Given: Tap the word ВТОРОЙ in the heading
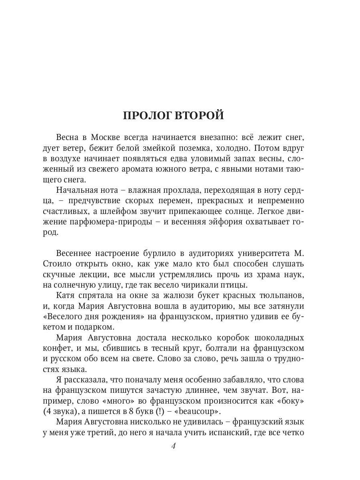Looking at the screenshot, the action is pos(200,116).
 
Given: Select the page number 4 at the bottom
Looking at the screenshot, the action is pos(173,446).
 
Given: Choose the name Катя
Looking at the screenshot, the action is pos(66,295).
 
